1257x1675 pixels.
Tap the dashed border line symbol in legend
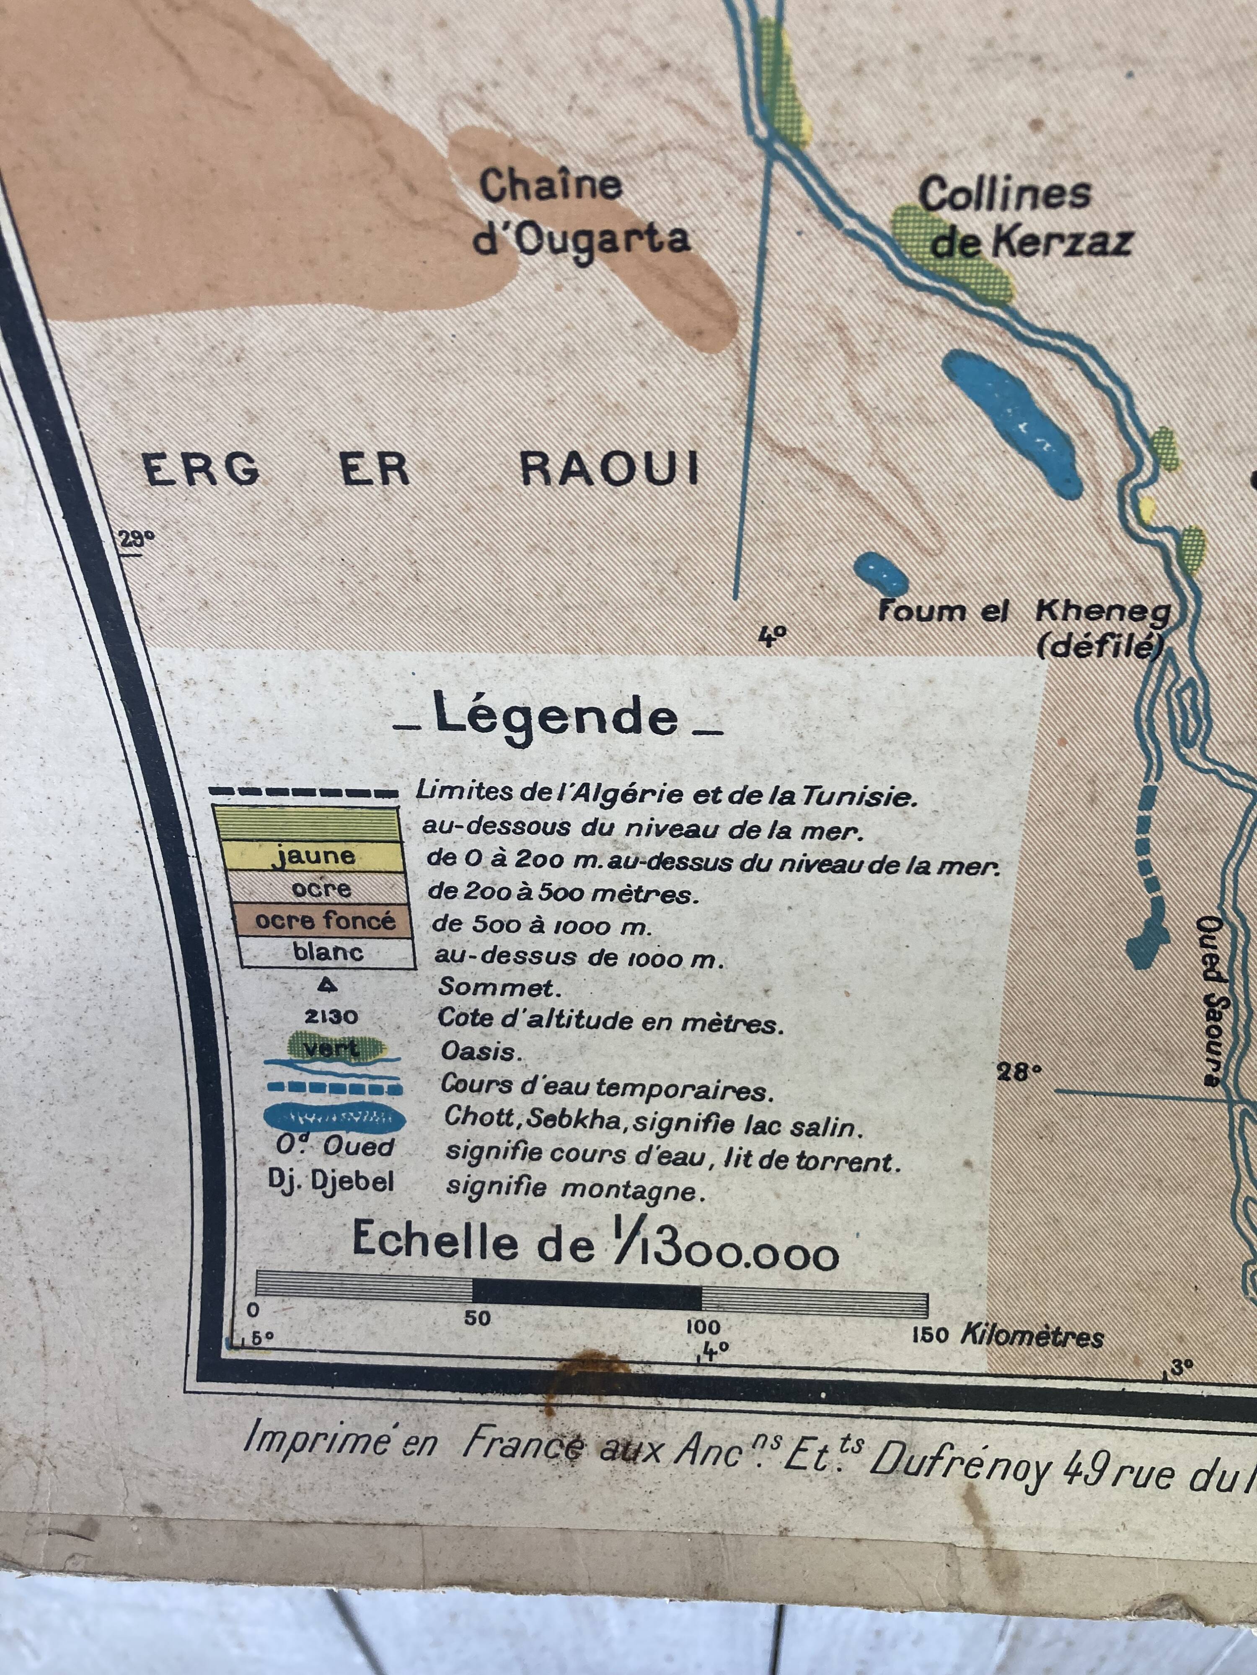[303, 793]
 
